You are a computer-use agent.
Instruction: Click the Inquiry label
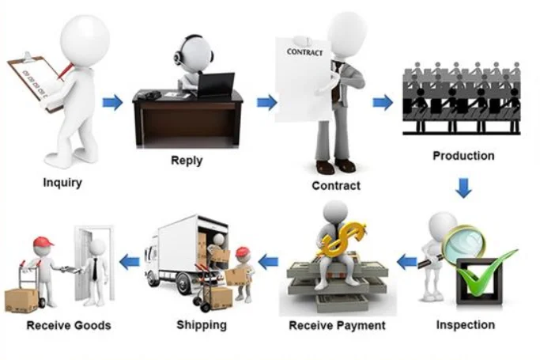[62, 183]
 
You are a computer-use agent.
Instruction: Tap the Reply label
[187, 161]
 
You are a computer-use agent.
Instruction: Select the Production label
[463, 156]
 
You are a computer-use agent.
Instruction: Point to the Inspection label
[466, 324]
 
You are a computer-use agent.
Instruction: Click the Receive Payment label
[337, 325]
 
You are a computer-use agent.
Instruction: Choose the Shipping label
[202, 324]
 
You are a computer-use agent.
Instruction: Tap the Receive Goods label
[69, 325]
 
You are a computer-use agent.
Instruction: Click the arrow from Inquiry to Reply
[113, 101]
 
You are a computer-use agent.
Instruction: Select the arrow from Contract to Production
[383, 102]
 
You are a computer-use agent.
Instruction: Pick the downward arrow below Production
[463, 188]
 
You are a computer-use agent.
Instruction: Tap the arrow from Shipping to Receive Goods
[129, 260]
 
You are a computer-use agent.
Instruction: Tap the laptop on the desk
[216, 84]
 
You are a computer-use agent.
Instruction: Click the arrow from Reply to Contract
[267, 102]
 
